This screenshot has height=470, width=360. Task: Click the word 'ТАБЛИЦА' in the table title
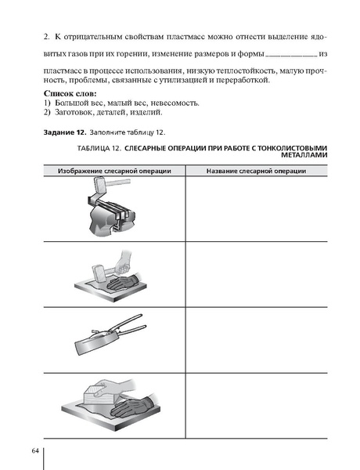[x=99, y=147]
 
